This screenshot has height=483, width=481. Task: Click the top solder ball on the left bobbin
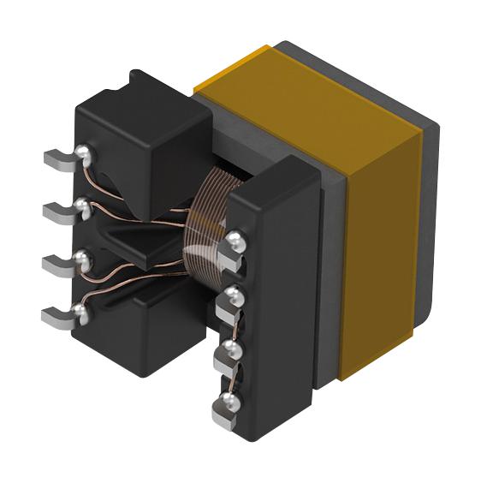click(84, 153)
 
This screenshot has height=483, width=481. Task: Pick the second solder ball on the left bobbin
click(83, 206)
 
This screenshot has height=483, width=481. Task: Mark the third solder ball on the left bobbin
click(83, 258)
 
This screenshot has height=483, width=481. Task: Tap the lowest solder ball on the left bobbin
click(84, 312)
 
